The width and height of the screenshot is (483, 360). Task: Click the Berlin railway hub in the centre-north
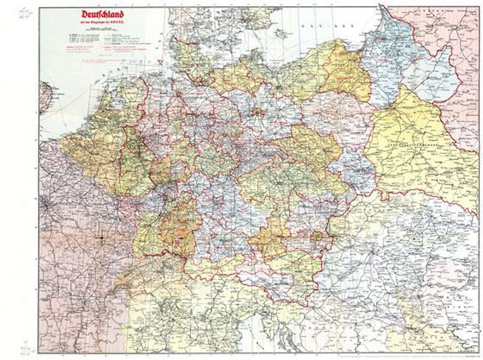pos(257,112)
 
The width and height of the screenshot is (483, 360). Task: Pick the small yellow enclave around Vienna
pos(318,236)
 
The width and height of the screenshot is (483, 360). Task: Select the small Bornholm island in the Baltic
pos(282,33)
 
